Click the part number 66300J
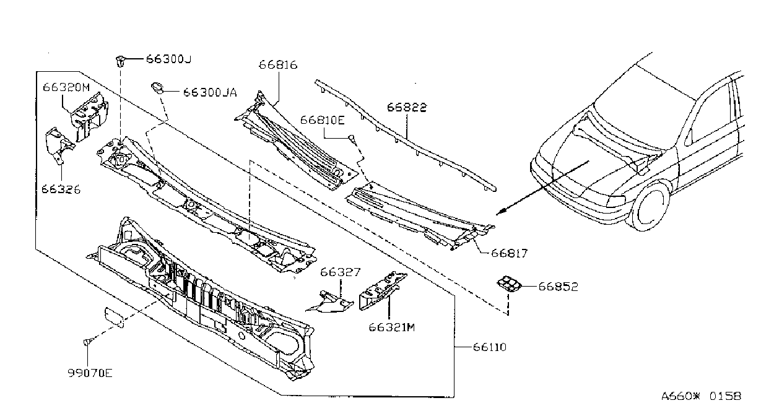(x=168, y=59)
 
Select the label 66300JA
(x=210, y=92)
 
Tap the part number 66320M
(x=66, y=87)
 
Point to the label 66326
(x=61, y=189)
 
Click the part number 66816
(x=278, y=64)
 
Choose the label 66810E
(x=323, y=120)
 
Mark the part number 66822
(x=407, y=107)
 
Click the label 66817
(x=509, y=253)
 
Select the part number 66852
(x=558, y=287)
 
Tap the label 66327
(x=340, y=272)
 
